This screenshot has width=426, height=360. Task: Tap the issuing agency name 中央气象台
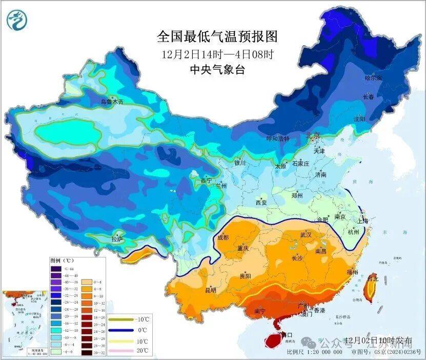click(x=217, y=70)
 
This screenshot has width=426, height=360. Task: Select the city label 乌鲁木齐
click(x=112, y=102)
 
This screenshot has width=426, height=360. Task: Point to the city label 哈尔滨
click(x=373, y=78)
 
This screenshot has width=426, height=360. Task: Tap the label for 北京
click(x=313, y=136)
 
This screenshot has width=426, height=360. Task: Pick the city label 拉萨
click(x=117, y=238)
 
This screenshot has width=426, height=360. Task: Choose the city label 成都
click(x=223, y=237)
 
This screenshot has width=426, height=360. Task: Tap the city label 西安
click(x=260, y=203)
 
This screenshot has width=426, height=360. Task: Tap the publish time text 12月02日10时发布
click(x=378, y=341)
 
